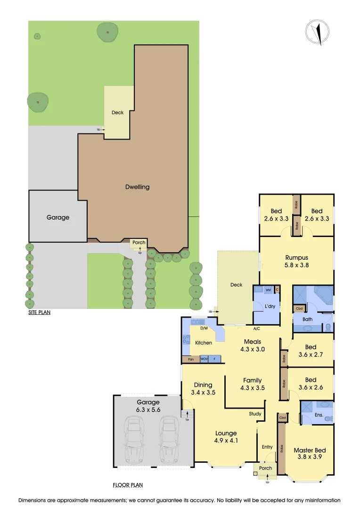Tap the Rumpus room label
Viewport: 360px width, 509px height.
296,258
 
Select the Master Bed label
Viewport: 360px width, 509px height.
310,450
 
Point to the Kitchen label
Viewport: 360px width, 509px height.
204,343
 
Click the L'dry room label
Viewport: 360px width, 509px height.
270,307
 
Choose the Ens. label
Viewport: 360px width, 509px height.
319,415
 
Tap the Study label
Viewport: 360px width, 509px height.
255,414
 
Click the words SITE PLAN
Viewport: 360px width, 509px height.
39,312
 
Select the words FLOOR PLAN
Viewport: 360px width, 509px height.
128,484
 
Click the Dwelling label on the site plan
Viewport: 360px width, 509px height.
137,187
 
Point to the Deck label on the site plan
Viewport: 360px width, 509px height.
117,113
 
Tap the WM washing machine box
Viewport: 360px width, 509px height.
268,290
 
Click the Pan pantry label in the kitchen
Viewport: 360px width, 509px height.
191,359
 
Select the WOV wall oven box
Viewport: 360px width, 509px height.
204,359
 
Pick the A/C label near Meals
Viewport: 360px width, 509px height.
257,329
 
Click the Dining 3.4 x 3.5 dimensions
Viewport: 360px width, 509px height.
203,392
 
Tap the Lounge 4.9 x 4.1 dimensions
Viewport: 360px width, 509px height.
226,442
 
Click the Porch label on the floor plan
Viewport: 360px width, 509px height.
266,468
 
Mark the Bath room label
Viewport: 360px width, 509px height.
307,320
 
